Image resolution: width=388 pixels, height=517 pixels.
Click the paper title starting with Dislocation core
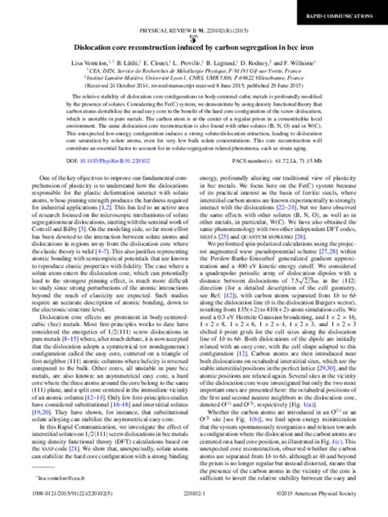pos(194,49)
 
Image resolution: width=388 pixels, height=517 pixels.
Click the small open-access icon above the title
pos(194,39)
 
